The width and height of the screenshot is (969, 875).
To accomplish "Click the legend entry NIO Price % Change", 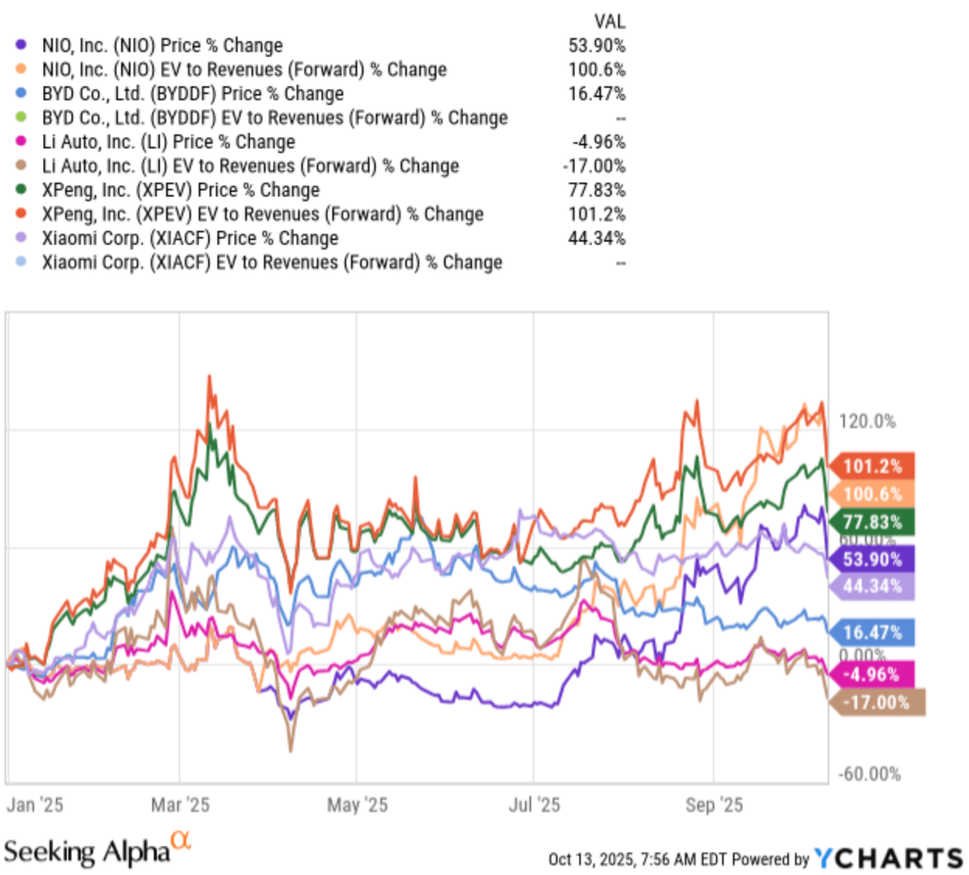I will pos(162,46).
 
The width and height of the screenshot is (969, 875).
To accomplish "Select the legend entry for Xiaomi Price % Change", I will pos(190,239).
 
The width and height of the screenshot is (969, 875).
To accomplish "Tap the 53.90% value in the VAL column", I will pos(596,46).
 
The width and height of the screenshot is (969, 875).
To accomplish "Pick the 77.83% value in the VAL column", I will pos(596,190).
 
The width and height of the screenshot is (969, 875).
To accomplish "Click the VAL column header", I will pos(610,22).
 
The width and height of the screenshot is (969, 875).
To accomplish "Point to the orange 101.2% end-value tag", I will pos(872,466).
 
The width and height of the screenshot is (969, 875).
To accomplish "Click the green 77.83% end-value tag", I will pos(872,522).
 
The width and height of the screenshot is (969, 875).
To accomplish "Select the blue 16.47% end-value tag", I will pos(872,633).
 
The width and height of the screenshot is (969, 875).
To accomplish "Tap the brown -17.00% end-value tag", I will pos(877,702).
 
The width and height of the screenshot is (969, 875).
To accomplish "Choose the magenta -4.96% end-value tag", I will pos(872,675).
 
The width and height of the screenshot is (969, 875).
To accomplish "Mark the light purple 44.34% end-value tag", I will pos(872,586).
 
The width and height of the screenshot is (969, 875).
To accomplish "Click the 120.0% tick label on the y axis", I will pos(867,422).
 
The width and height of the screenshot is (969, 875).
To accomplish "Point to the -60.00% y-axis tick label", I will pos(870,774).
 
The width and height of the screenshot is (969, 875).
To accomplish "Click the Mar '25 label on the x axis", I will pos(180,805).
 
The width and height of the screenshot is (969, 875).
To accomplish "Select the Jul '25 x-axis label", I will pos(534,805).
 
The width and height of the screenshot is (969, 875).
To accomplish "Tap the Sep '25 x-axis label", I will pos(714,805).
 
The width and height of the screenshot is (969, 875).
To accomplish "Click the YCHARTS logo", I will pos(889,858).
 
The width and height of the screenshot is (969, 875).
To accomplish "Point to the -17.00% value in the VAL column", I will pos(594,166).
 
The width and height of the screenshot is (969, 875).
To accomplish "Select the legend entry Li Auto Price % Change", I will pos(168,142).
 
